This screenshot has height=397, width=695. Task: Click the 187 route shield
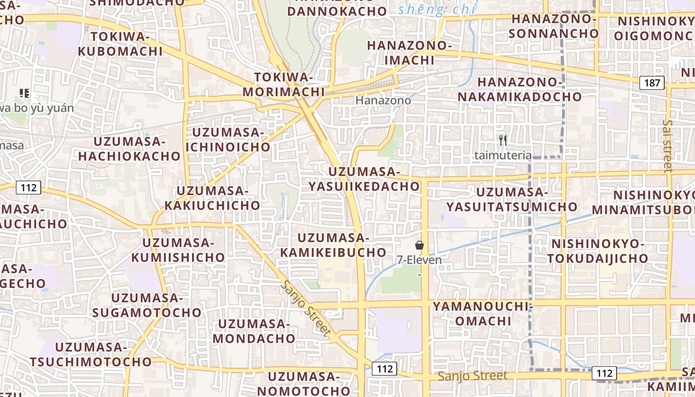651,82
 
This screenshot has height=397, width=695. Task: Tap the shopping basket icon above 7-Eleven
419,245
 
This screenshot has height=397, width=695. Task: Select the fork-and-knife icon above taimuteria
503,140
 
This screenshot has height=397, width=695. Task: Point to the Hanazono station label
383,100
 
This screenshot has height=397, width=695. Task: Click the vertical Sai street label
668,146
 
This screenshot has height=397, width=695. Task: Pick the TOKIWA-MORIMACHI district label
283,84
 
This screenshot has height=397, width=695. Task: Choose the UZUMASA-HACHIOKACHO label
129,149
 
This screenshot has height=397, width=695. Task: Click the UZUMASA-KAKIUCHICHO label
212,198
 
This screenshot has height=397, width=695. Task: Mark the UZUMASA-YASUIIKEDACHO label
364,179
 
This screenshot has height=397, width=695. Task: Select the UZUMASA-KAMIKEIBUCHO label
333,245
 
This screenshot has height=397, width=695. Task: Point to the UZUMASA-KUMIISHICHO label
178,250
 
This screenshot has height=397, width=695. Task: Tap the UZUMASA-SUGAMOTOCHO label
147,305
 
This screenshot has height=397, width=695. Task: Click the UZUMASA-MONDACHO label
254,331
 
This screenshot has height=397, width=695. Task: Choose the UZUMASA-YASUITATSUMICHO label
511,199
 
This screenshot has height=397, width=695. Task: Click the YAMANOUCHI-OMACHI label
483,313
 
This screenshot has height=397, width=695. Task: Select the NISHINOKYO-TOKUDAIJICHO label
598,251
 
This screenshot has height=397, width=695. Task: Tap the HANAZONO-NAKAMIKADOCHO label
519,89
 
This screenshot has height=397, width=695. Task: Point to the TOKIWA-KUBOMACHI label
120,44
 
